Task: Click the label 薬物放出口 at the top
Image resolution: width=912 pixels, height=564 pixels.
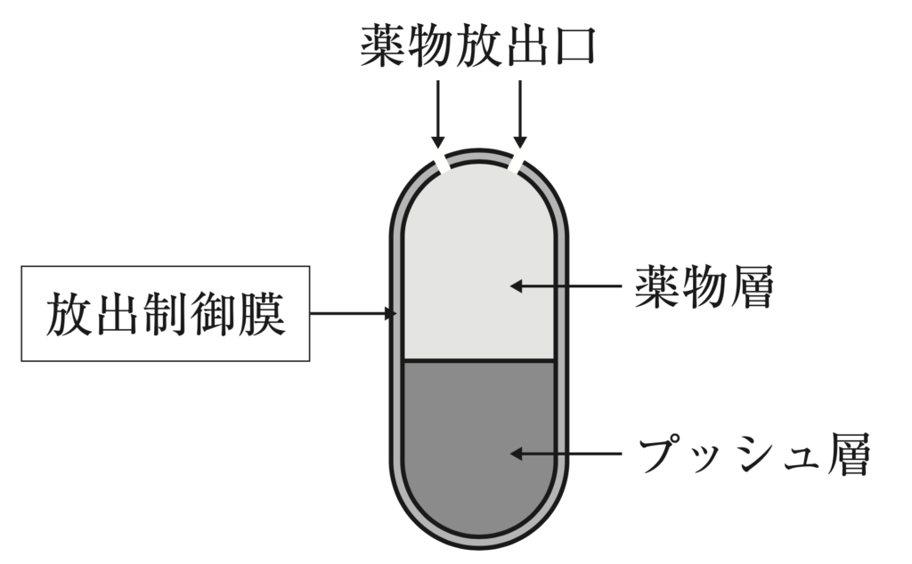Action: click(x=478, y=45)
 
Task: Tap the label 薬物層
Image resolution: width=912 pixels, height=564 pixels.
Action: click(x=703, y=286)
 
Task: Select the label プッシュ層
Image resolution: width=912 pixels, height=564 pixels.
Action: click(x=753, y=455)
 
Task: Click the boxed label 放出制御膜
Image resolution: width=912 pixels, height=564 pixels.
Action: click(x=166, y=313)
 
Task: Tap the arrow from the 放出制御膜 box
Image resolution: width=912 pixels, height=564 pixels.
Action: click(x=353, y=313)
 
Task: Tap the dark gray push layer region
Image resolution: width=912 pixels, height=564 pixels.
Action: click(x=478, y=445)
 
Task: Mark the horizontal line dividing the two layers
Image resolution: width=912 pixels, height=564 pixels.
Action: click(x=478, y=360)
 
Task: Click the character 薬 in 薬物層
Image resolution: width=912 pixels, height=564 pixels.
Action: click(x=657, y=286)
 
